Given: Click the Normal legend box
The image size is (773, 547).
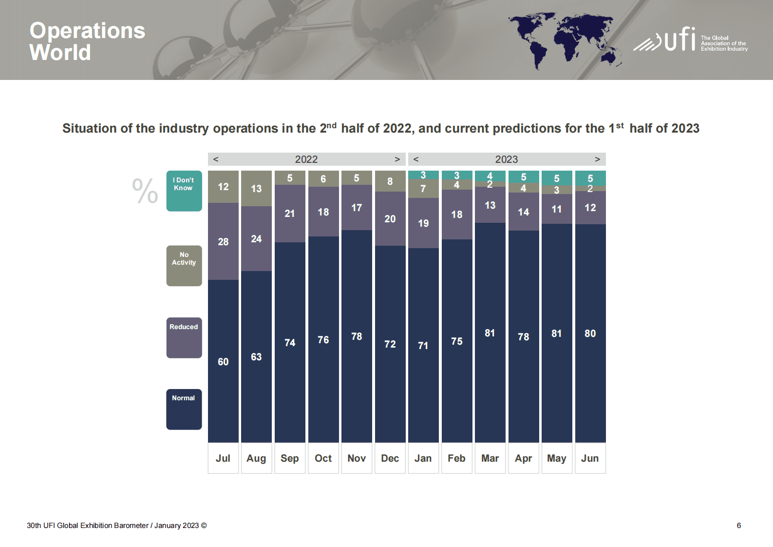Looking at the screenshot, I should [184, 409].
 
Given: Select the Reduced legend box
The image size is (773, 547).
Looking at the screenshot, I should [184, 337].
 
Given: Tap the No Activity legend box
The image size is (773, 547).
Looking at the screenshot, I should [184, 265].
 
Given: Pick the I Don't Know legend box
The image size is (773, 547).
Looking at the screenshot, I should [184, 191].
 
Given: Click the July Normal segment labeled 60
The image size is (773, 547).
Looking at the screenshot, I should [223, 361].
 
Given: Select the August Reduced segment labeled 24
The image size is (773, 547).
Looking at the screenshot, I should [256, 239].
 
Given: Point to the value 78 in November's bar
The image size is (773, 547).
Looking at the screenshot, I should [357, 336].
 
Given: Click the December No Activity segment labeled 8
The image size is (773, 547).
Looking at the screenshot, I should [390, 181].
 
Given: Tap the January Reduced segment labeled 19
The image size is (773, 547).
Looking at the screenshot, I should [423, 223].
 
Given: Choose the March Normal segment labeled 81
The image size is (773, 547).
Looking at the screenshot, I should [490, 333].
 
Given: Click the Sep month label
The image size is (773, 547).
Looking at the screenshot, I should [289, 458].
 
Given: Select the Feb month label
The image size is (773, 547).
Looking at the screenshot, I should [456, 458].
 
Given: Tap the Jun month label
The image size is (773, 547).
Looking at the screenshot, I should [590, 458].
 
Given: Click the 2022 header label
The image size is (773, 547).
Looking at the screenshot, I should [306, 159].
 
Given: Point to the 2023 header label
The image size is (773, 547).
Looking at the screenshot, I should [506, 159].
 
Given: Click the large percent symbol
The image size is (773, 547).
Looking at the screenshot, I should [145, 191].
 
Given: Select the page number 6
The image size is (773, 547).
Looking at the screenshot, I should [738, 526].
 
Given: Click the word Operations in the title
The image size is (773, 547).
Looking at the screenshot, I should [87, 31].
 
